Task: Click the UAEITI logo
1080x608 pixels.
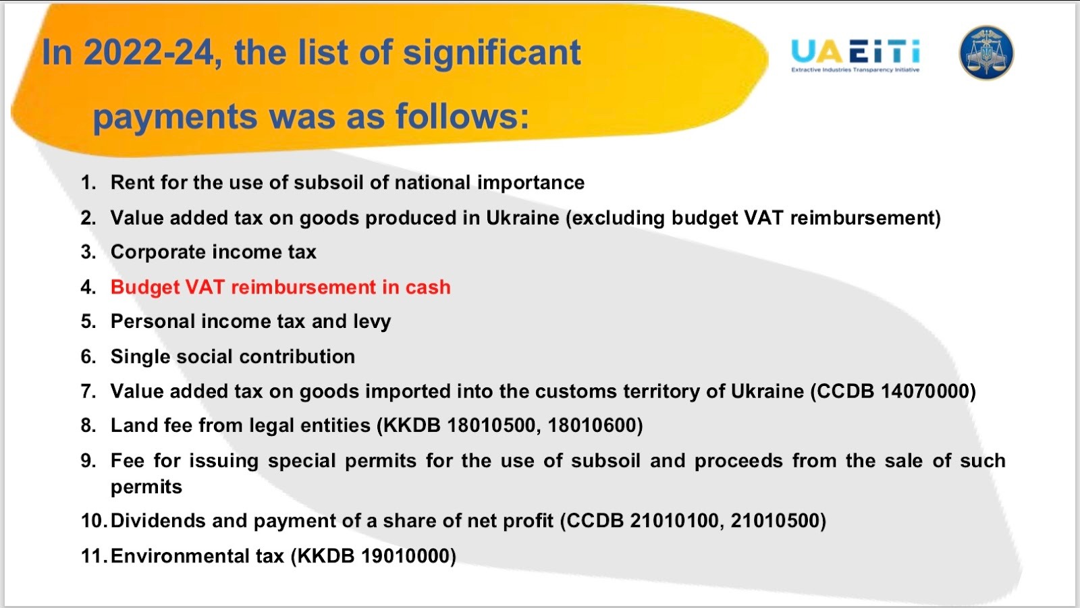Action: click(855, 55)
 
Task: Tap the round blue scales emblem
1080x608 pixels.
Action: click(986, 53)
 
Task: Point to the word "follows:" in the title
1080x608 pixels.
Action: click(462, 117)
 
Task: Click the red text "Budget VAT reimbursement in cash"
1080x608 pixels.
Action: click(281, 287)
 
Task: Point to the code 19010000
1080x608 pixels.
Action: click(405, 556)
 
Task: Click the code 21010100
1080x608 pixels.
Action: click(674, 521)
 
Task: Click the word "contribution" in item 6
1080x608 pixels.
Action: click(297, 357)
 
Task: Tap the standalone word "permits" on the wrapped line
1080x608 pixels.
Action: click(146, 487)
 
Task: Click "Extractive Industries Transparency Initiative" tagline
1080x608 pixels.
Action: click(855, 70)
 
